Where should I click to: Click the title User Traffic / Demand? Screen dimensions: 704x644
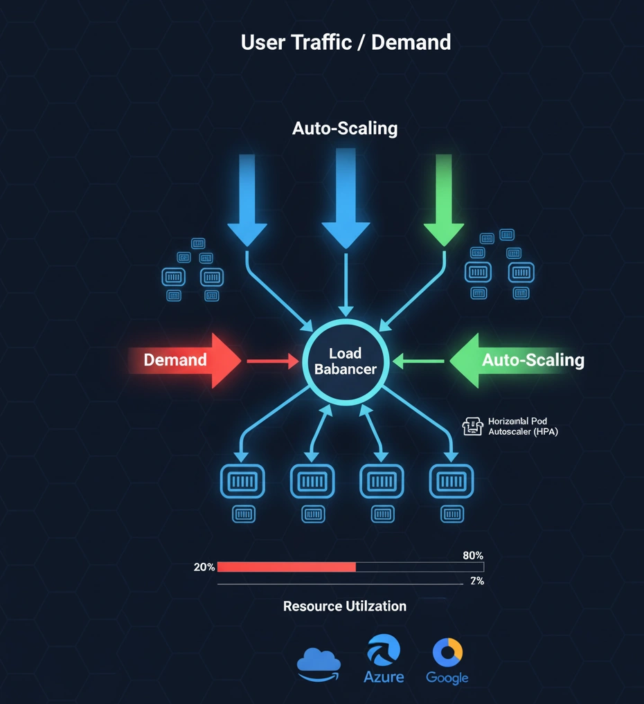point(346,42)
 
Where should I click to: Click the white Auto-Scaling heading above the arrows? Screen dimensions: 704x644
point(345,128)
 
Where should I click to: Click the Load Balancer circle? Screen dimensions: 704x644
point(345,361)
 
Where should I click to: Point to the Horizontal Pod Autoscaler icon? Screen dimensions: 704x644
point(472,426)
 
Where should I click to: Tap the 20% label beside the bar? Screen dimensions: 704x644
point(204,567)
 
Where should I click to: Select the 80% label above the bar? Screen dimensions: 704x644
point(472,555)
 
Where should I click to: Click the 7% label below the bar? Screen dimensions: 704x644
point(476,581)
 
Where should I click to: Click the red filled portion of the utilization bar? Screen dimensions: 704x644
point(287,567)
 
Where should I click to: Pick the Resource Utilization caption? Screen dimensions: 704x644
point(345,606)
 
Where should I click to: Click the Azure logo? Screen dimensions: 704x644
point(384,661)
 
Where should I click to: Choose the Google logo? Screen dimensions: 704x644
point(447,661)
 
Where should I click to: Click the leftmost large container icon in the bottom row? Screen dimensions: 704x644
point(242,480)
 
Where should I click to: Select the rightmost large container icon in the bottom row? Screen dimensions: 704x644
point(451,480)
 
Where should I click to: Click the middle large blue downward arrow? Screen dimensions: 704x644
point(344,201)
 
